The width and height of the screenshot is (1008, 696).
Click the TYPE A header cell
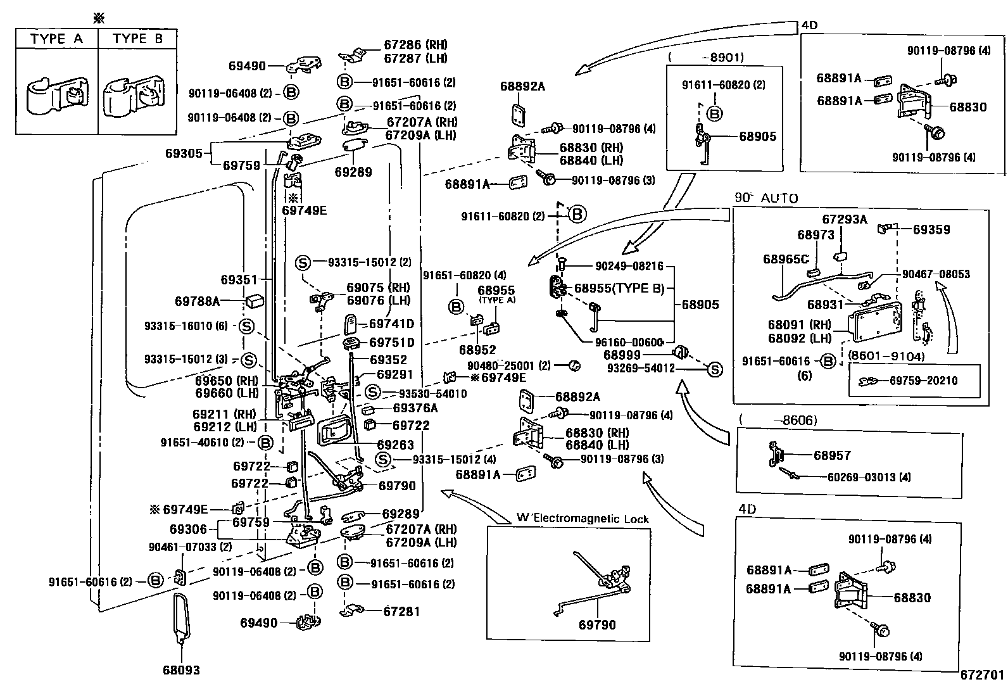(x=56, y=39)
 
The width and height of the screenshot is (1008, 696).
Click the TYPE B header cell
(x=137, y=39)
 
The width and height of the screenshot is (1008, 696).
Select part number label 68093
(x=181, y=670)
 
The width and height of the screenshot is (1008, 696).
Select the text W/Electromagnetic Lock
(x=583, y=519)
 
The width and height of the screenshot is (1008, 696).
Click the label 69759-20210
(x=923, y=381)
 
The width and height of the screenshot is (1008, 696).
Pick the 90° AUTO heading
(x=766, y=198)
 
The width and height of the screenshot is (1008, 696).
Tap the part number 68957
(x=832, y=455)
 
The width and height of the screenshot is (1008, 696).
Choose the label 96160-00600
(x=629, y=343)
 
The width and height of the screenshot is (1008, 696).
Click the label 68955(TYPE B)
(x=619, y=289)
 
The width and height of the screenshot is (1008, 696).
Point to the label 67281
(x=401, y=612)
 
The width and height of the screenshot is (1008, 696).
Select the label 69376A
(x=415, y=408)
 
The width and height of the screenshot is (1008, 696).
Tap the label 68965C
(x=786, y=259)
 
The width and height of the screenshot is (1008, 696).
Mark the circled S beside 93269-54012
(x=714, y=369)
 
